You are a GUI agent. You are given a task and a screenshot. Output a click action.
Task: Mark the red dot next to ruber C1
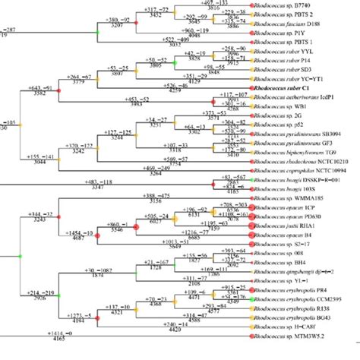point(247,89)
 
